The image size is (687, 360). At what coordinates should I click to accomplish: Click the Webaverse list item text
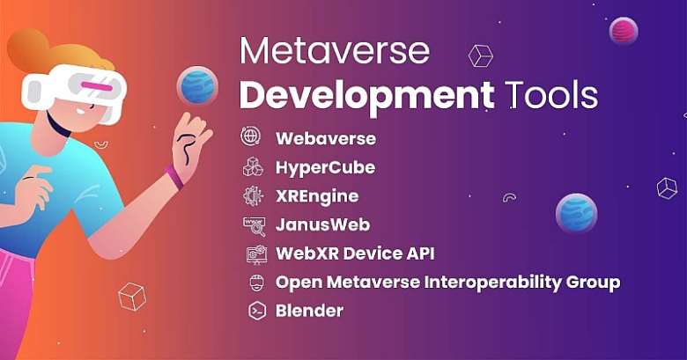click(x=325, y=138)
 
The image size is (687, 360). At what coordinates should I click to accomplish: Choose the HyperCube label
click(x=325, y=167)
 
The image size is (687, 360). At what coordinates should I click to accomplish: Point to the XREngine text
click(x=317, y=196)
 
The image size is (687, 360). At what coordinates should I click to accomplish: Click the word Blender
click(x=309, y=310)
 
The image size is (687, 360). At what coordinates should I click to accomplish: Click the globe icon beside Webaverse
click(x=251, y=137)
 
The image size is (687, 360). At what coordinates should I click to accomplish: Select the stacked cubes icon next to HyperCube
click(x=253, y=166)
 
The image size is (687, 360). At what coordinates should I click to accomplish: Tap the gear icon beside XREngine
click(x=253, y=195)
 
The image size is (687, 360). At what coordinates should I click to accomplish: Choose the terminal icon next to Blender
click(x=257, y=310)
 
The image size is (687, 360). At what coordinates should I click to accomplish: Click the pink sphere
click(x=623, y=31)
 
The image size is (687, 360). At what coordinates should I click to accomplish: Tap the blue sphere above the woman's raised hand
click(x=197, y=85)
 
